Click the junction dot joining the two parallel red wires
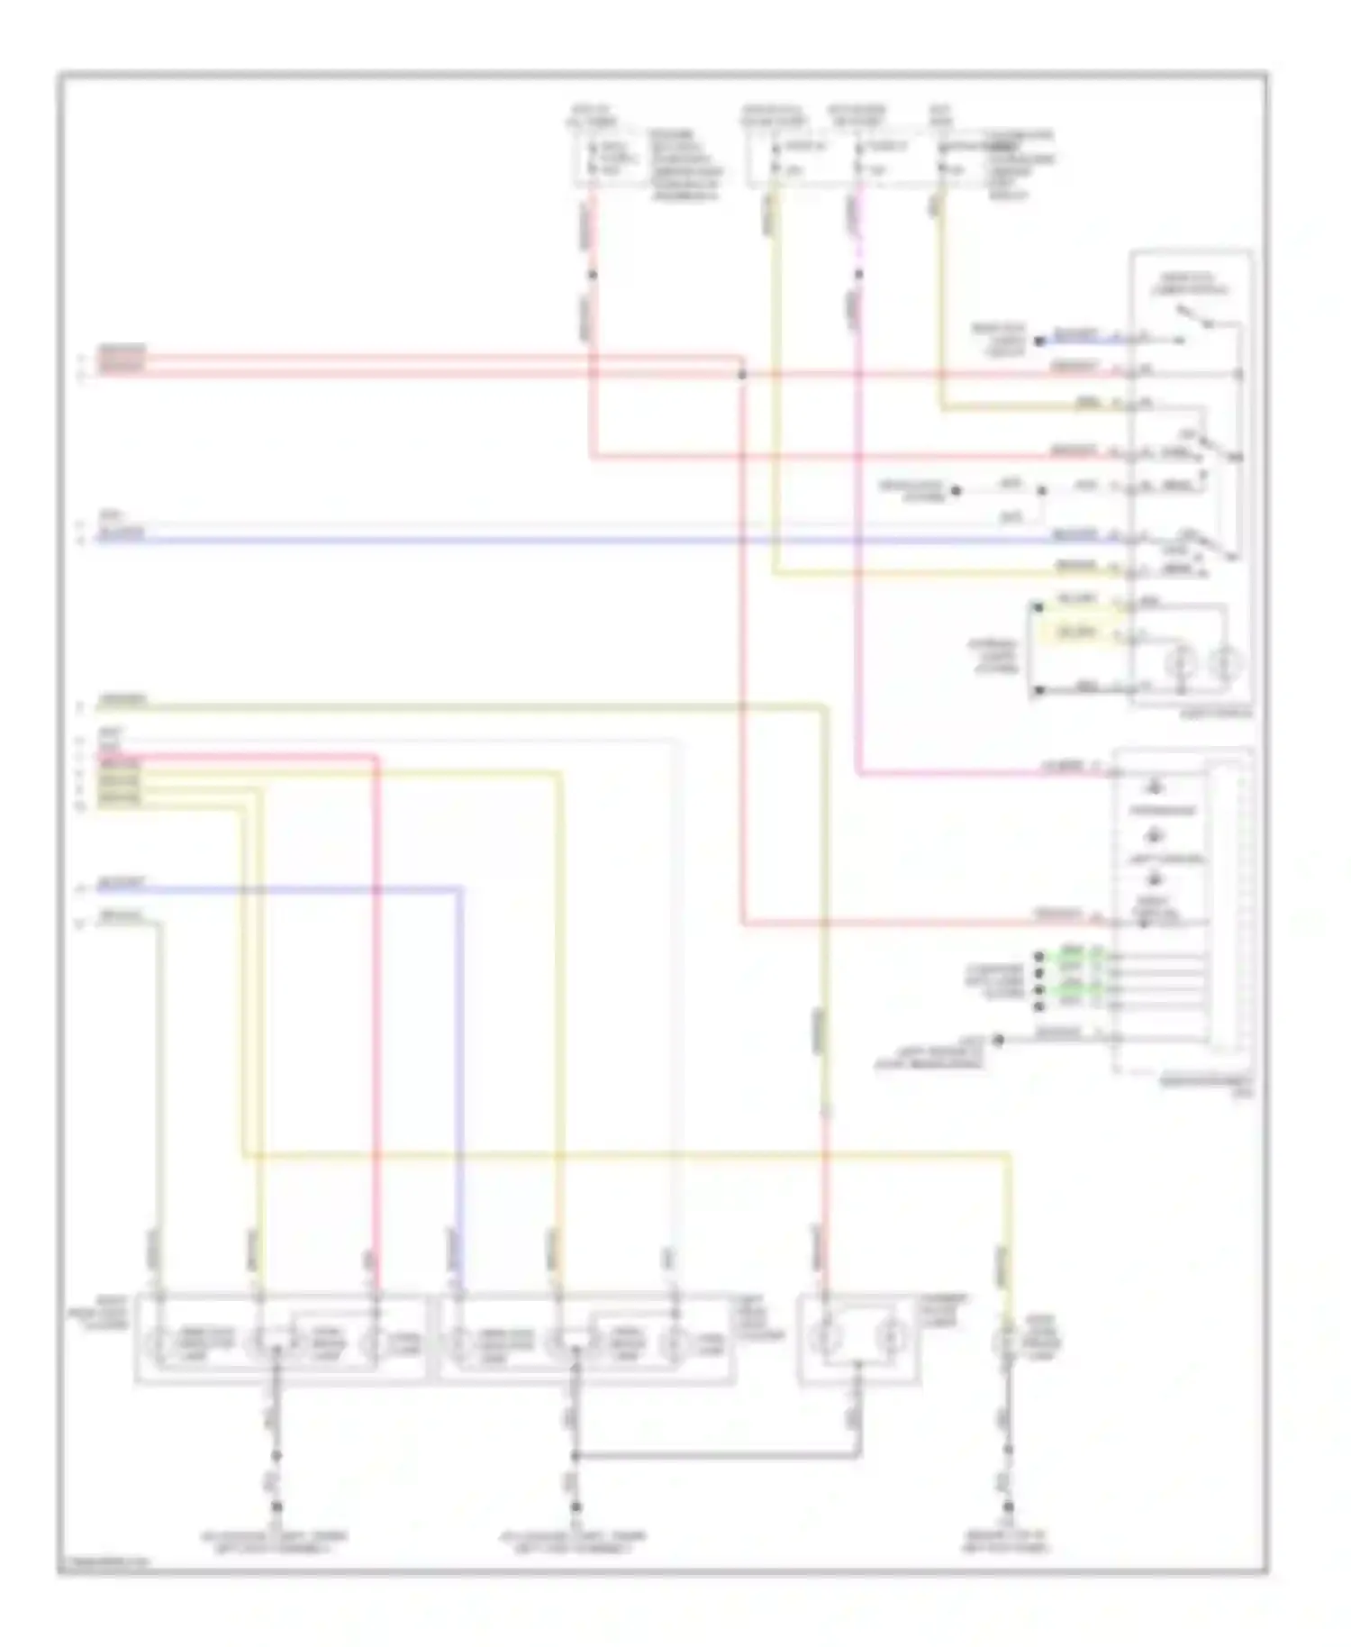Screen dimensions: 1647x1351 tap(742, 373)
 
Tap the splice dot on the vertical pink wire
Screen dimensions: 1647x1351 tap(858, 274)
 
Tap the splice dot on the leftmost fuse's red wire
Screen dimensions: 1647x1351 tap(592, 274)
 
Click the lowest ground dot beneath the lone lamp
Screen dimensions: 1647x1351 tap(1009, 1506)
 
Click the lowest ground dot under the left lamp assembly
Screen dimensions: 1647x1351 tap(276, 1506)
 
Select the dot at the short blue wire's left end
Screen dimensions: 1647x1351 tap(1038, 341)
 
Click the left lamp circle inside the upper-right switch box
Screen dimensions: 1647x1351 tap(1179, 664)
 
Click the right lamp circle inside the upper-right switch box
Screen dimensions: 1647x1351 tap(1224, 664)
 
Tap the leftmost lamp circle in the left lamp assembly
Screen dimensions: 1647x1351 tap(160, 1343)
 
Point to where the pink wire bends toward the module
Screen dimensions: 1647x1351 tap(858, 772)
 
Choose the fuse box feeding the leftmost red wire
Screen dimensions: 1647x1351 tap(611, 159)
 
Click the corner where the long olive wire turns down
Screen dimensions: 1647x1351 tap(824, 707)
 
